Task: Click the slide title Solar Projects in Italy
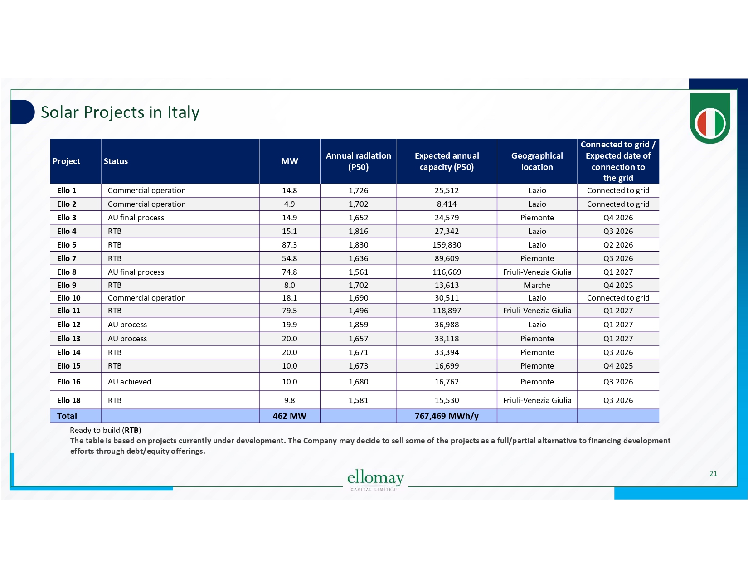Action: coord(120,112)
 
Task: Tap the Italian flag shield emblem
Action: coord(710,120)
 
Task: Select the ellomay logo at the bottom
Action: coord(375,480)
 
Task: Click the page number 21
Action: coord(713,474)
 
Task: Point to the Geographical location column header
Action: coord(537,161)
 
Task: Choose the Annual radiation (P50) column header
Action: coord(358,161)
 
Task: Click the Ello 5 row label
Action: coord(67,245)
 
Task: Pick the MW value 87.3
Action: coord(289,245)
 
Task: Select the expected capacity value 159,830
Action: coord(447,245)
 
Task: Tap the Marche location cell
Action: coord(537,285)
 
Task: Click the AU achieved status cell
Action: coord(130,382)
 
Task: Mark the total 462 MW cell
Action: coord(289,416)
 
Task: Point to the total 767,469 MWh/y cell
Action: coord(447,416)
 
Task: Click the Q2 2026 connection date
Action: coord(618,245)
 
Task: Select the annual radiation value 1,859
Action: coord(358,325)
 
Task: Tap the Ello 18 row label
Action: coord(69,400)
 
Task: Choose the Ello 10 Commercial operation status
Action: coord(147,298)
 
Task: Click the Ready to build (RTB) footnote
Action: coord(106,430)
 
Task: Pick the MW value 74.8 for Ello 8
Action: coord(289,272)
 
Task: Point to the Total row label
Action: coord(67,416)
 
